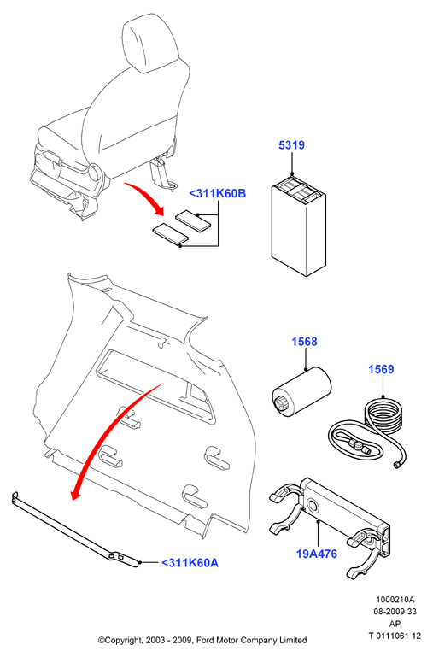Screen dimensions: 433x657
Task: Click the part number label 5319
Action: pos(291,145)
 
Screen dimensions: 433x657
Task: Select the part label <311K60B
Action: pos(217,194)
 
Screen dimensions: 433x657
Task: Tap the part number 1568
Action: pos(304,342)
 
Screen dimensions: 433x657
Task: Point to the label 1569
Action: pos(381,369)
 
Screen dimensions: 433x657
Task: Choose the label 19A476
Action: pos(317,554)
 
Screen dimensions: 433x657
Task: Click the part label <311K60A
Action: pos(190,563)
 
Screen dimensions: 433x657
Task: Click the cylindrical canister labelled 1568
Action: pos(301,392)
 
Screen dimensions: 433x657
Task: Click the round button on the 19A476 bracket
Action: pos(313,506)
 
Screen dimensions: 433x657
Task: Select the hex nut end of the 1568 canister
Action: pos(281,403)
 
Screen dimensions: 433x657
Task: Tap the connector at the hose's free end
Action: pos(396,465)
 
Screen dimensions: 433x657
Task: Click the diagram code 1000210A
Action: pos(395,600)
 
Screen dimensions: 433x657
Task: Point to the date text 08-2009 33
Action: pos(395,612)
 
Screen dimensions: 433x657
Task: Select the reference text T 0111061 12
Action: pos(395,636)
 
